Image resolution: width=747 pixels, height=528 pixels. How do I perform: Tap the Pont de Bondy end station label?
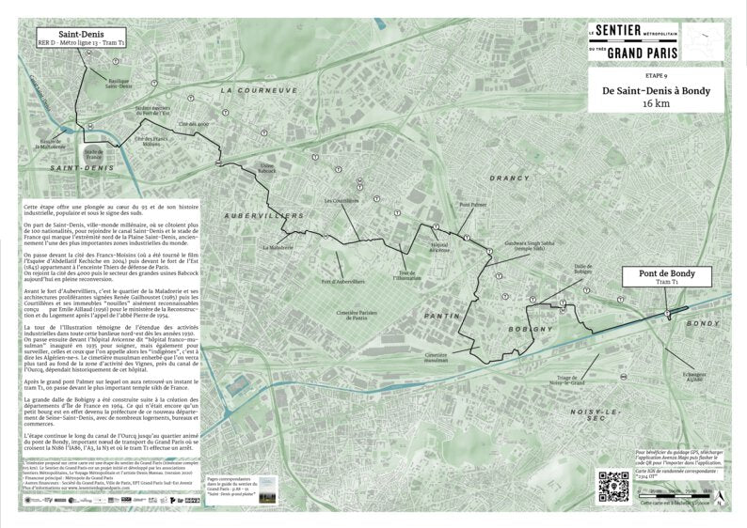(x=667, y=276)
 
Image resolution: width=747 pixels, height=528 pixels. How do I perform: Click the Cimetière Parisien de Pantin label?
(x=357, y=315)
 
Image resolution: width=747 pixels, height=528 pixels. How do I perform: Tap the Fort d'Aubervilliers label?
(x=342, y=282)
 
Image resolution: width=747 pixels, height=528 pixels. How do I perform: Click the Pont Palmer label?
(x=472, y=205)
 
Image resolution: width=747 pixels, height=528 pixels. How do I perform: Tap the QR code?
(x=613, y=486)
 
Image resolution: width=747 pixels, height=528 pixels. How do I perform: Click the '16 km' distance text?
(x=656, y=104)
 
